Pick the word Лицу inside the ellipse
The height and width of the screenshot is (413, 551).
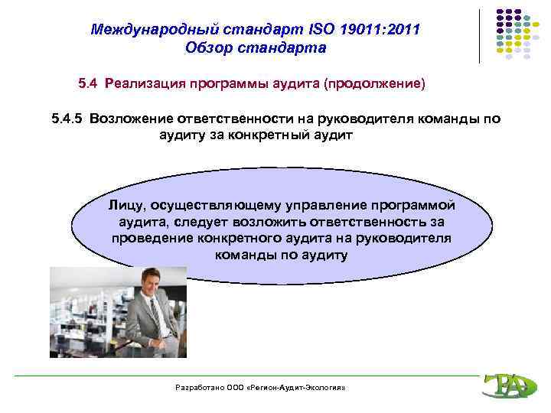pyautogui.click(x=126, y=205)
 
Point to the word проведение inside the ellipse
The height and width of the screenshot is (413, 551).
pyautogui.click(x=145, y=238)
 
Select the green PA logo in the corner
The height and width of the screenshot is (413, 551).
pyautogui.click(x=505, y=386)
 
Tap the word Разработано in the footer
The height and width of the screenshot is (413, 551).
pyautogui.click(x=201, y=389)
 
